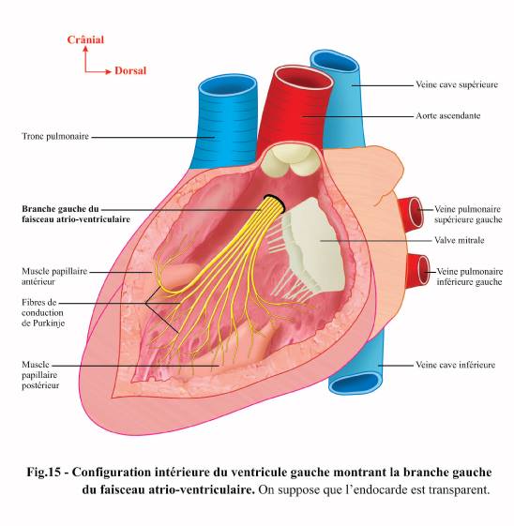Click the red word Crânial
85,39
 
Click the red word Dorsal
130,70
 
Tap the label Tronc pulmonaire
55,136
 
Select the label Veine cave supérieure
457,84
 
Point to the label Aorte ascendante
448,115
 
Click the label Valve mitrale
460,240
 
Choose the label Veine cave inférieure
455,365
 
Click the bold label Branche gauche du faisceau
76,214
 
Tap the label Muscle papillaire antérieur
54,276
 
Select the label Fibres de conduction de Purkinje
43,312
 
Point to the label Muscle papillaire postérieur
40,375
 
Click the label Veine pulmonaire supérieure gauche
468,215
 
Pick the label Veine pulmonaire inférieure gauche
469,277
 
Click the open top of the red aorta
304,81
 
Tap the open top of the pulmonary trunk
228,88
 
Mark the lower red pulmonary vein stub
418,269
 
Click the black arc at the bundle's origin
275,201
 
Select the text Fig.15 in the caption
44,472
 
